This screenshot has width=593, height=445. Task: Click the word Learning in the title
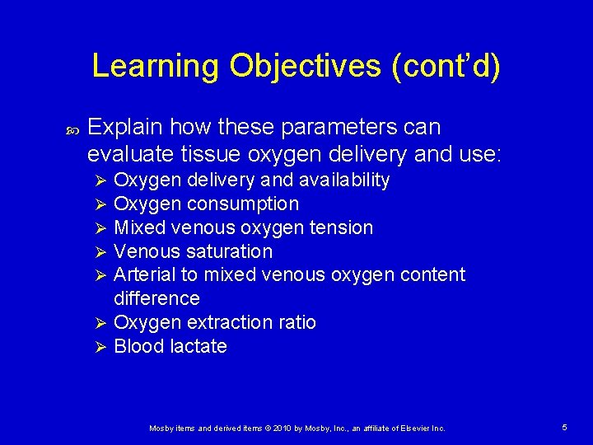(x=156, y=66)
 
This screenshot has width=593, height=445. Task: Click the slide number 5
(x=564, y=428)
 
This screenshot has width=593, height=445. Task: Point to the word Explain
(x=124, y=128)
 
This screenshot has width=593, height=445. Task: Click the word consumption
(x=244, y=204)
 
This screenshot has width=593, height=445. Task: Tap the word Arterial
(x=143, y=274)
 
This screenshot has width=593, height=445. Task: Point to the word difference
(x=156, y=298)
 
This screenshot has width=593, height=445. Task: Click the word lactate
(x=198, y=346)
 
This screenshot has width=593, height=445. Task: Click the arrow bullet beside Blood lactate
(x=98, y=347)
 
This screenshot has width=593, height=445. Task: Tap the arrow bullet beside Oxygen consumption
(x=98, y=204)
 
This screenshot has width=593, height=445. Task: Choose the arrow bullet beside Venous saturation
(x=98, y=252)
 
